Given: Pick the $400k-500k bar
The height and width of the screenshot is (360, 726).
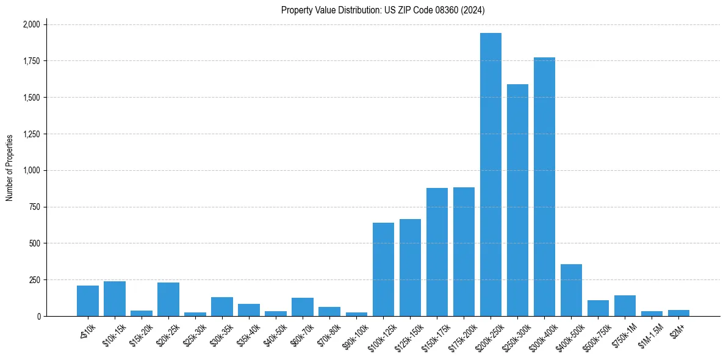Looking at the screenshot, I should pyautogui.click(x=571, y=290).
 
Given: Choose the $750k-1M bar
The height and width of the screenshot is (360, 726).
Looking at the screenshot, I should pyautogui.click(x=625, y=306).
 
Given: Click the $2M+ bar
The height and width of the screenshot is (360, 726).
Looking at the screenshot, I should pyautogui.click(x=678, y=313).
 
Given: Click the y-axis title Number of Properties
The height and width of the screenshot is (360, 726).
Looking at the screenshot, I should pyautogui.click(x=10, y=167).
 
